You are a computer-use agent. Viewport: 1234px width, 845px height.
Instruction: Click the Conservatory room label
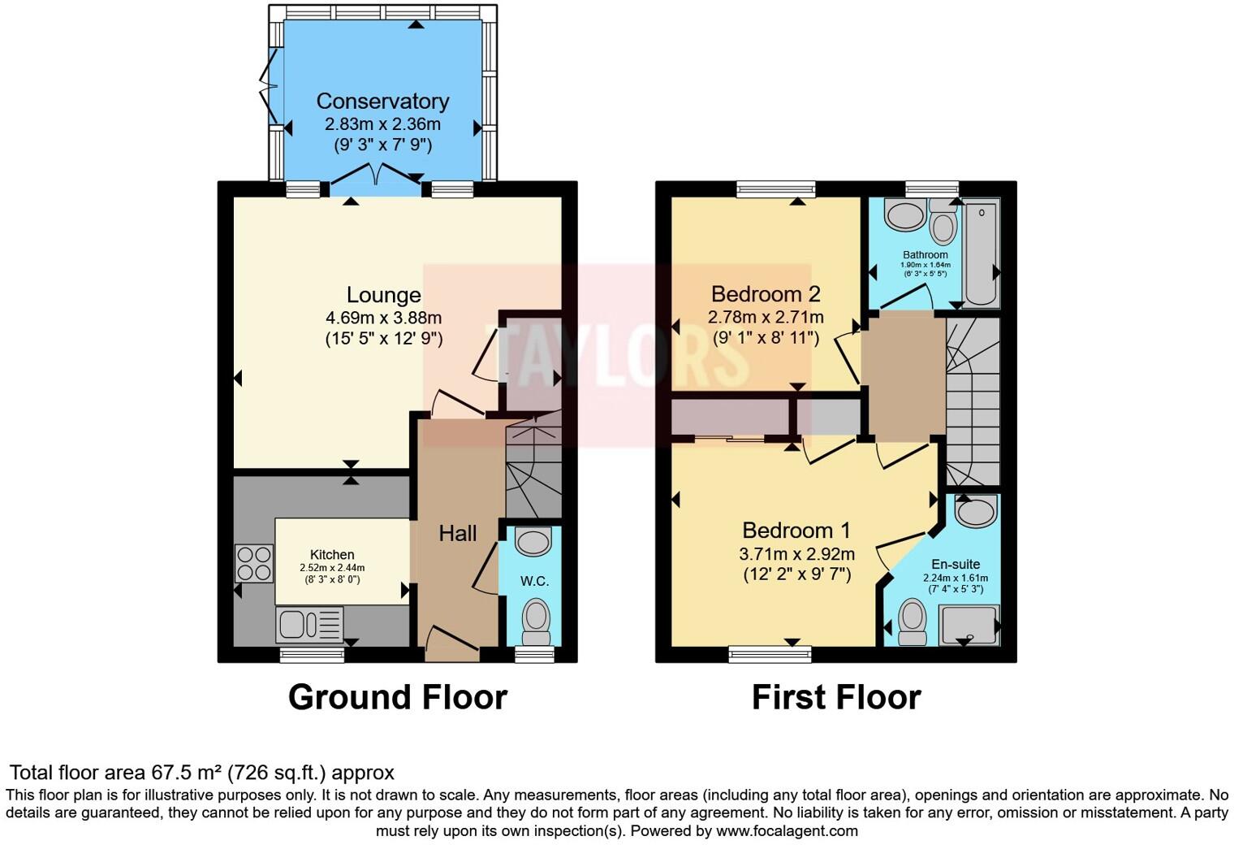(382, 102)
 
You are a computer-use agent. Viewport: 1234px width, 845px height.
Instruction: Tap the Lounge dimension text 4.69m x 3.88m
(383, 318)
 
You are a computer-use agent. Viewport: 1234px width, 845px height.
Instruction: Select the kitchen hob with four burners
(254, 563)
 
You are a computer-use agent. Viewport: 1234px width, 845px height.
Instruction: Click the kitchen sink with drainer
(309, 625)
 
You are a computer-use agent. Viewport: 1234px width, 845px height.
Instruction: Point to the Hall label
(458, 534)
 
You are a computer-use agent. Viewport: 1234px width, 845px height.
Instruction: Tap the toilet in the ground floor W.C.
(536, 621)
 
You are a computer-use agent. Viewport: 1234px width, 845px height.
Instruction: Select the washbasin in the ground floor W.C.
(533, 541)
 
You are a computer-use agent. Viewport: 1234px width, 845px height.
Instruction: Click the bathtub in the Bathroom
(981, 253)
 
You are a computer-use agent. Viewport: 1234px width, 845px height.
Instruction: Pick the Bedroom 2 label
(766, 294)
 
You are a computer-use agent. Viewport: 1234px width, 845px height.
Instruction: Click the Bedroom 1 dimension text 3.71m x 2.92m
(796, 555)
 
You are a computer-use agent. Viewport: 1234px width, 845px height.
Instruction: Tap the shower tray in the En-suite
(969, 625)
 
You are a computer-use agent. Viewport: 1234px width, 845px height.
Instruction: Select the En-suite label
(956, 564)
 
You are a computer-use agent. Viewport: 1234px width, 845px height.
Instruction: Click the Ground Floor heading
(398, 697)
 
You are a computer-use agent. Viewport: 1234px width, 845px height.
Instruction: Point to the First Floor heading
(836, 697)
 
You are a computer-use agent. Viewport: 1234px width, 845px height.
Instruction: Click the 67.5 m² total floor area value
(188, 773)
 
